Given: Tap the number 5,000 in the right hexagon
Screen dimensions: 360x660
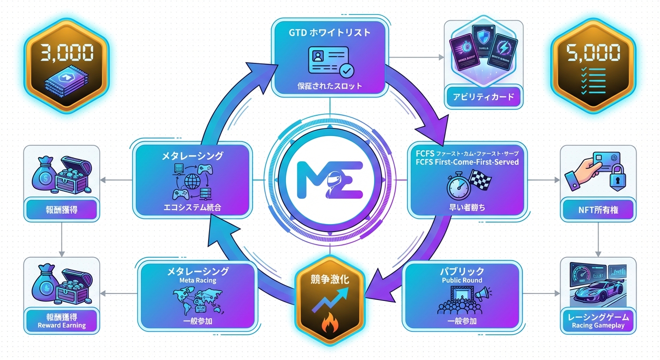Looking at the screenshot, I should [592, 53].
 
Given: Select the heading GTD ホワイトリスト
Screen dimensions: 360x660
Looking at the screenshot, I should [330, 33].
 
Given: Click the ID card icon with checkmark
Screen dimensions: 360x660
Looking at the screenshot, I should [330, 62].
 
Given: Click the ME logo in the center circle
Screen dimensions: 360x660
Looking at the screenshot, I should [330, 180].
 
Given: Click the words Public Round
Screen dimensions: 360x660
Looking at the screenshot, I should [462, 280].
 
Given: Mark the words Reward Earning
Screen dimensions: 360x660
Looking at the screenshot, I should [63, 325].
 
